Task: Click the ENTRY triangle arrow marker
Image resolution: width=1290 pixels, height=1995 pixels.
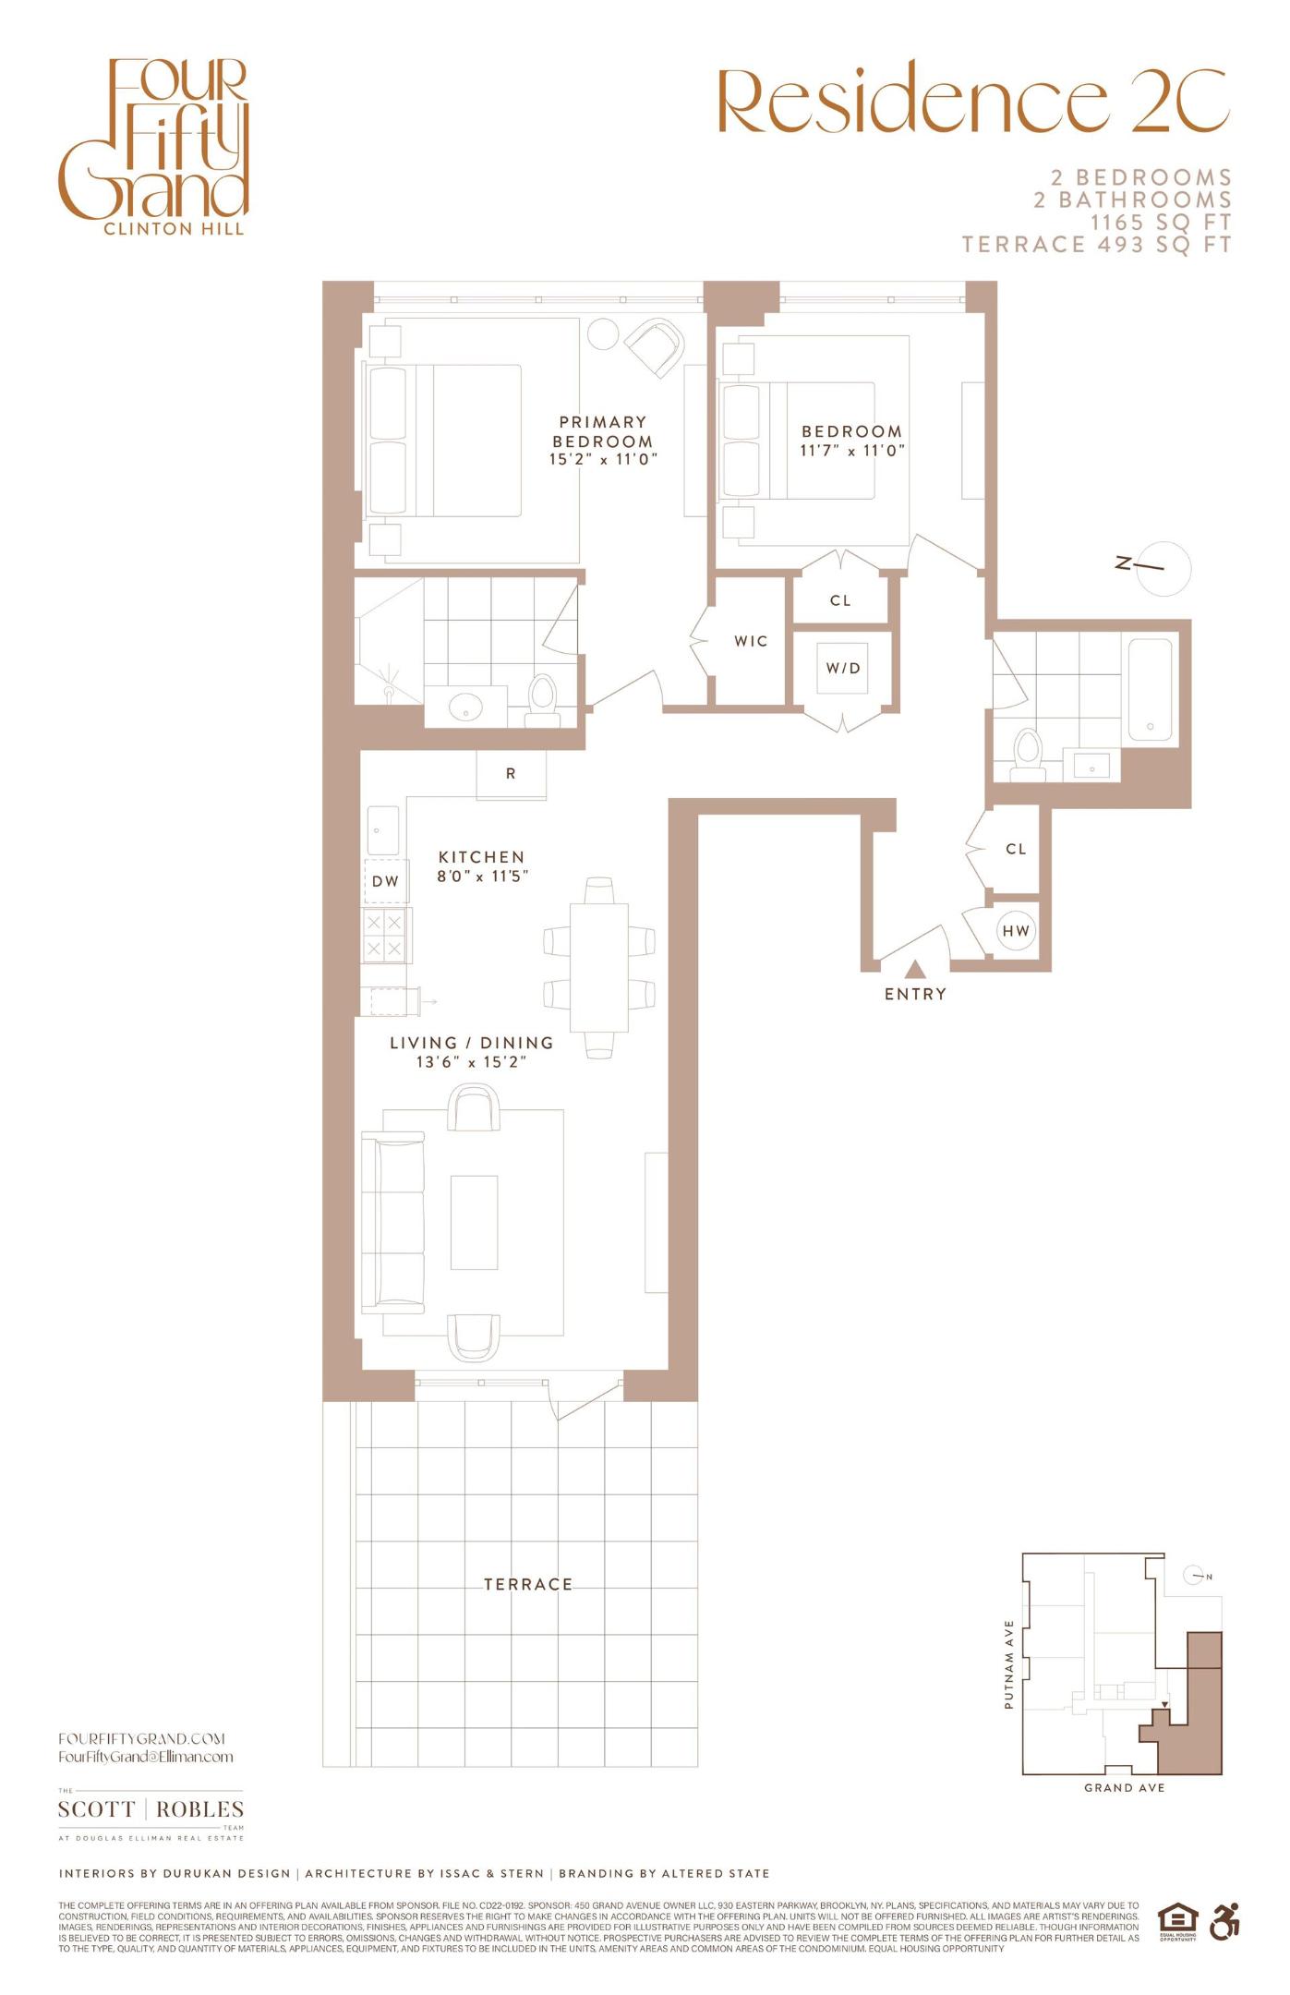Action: pos(914,969)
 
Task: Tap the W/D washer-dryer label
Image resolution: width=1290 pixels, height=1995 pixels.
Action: pos(842,668)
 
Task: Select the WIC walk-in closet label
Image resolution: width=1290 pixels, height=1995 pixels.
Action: pos(751,641)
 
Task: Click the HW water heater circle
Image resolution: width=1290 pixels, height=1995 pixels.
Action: pos(1016,931)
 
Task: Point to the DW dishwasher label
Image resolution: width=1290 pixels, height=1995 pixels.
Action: pos(385,881)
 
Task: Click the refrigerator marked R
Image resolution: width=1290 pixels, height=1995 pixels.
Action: pos(511,774)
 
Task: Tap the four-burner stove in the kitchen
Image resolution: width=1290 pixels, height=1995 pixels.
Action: pos(385,935)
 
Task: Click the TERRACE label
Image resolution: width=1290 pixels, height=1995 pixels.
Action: pos(528,1584)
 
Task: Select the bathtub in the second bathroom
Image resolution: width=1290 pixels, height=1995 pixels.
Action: pos(1149,689)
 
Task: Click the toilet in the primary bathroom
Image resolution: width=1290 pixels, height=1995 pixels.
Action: pos(542,698)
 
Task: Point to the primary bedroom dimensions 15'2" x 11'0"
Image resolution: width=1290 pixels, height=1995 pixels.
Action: pos(603,459)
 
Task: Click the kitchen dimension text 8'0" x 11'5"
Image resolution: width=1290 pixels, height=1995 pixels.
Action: pos(482,876)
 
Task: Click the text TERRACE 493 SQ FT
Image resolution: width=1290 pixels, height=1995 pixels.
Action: pos(1096,245)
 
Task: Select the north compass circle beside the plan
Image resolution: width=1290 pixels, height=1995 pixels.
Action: pos(1163,568)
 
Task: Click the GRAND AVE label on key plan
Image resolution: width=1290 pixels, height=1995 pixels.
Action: pos(1124,1788)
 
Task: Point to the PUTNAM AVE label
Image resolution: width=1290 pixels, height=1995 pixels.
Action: pos(1008,1664)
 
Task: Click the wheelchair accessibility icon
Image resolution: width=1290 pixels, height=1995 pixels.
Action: pos(1224,1923)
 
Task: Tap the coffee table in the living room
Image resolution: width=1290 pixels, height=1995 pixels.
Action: pos(474,1222)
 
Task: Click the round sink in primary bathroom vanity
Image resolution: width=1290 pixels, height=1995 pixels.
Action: pos(464,708)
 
